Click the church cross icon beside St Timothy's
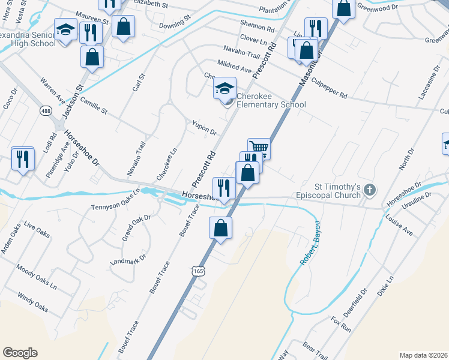(x=370, y=190)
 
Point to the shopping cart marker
(x=259, y=148)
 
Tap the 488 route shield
(x=46, y=111)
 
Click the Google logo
(x=20, y=352)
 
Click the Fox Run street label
(x=340, y=325)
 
